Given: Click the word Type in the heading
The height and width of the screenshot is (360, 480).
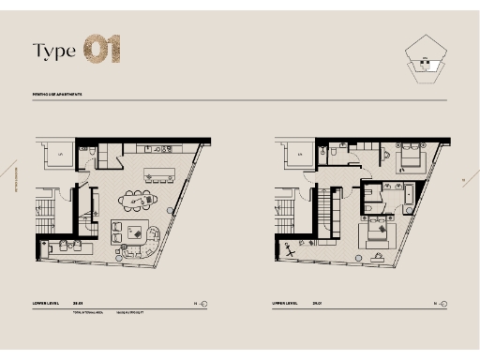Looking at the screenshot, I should coord(53,51).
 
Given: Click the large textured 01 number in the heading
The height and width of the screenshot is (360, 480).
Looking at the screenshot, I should coord(102,50).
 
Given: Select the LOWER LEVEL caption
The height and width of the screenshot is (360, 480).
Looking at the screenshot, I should coord(46,304).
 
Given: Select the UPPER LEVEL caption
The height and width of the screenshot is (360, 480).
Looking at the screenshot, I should coord(285,304).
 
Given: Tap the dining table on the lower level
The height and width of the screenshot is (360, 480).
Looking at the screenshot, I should coord(140,200).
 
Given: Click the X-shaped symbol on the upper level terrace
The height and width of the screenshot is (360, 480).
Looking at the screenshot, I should coord(292,254).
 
